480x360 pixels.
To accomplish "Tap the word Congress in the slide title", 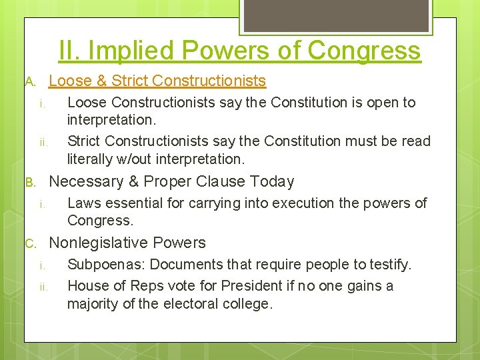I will [365, 50].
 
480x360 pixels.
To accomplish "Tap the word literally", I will [90, 159].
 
